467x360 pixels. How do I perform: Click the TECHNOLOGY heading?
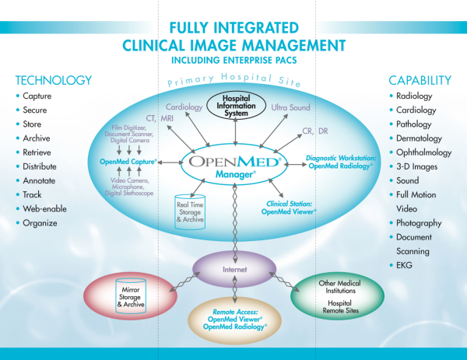(x=53, y=79)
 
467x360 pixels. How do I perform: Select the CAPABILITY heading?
(x=419, y=79)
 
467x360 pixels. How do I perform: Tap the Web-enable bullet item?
(x=47, y=208)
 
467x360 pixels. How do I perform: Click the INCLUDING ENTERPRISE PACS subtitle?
(x=233, y=57)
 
